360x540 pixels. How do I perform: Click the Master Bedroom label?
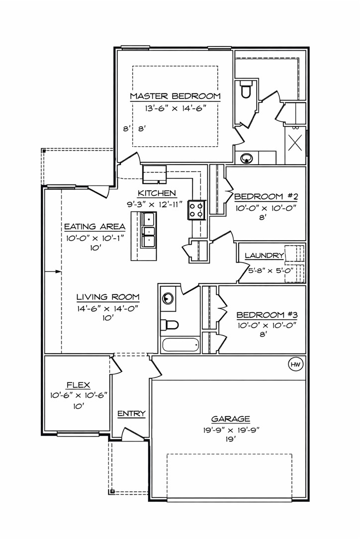tap(175, 96)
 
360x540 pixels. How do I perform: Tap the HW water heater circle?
tap(295, 365)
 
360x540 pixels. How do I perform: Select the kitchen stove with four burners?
tap(196, 210)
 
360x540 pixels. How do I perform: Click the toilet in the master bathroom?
tap(246, 90)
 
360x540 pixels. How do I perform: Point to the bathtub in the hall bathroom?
tap(180, 344)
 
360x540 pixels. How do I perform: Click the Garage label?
tap(230, 419)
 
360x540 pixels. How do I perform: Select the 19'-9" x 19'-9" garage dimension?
tap(230, 430)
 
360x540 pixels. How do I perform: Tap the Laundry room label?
tap(264, 256)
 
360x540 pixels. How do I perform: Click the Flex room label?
tap(78, 384)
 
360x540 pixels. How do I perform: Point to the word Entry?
tap(131, 413)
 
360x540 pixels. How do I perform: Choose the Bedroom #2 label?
tap(266, 195)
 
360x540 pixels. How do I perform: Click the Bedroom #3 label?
tap(267, 315)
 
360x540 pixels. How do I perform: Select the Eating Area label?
tap(94, 227)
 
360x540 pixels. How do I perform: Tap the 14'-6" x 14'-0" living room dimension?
tap(107, 308)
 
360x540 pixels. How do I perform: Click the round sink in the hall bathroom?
tap(168, 299)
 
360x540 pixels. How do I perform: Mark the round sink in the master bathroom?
tap(246, 159)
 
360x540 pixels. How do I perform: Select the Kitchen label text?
tap(157, 193)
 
